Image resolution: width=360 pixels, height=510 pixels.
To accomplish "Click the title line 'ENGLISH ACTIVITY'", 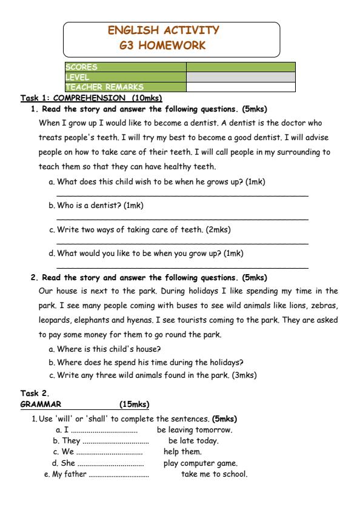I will [x=164, y=30].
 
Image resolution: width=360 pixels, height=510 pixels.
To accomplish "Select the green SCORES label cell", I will [x=125, y=67].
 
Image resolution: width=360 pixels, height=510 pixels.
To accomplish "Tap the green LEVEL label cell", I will [x=125, y=77].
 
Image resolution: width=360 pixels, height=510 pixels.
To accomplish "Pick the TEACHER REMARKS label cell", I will [x=125, y=87].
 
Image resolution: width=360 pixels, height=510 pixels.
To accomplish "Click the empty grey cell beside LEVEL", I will [x=241, y=77].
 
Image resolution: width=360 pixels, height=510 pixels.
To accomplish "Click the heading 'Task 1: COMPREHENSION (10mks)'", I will [x=92, y=98].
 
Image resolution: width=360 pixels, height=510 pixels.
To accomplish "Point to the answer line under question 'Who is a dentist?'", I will [x=182, y=218].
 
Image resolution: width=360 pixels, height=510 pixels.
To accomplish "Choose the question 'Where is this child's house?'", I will [x=108, y=349].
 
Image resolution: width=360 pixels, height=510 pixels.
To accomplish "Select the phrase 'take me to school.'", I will [x=215, y=474].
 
